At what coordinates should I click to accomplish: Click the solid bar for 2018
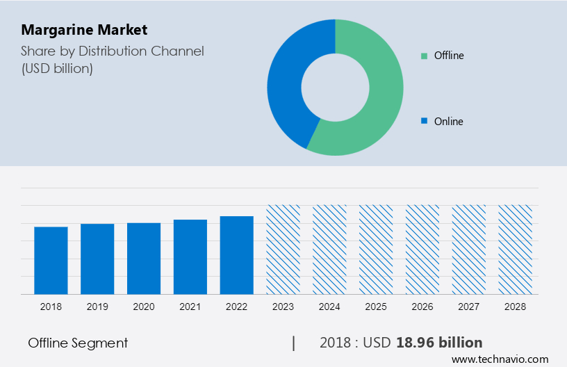[51, 260]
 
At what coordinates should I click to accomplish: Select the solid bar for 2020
[144, 258]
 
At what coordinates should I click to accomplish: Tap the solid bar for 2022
[237, 254]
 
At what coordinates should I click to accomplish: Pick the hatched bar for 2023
[283, 249]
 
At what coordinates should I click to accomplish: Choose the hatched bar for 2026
[422, 249]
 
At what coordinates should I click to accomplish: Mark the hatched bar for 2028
[516, 249]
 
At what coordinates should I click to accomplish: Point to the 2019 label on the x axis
[97, 306]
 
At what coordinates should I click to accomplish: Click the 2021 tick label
[190, 306]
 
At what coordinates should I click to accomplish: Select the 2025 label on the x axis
[376, 306]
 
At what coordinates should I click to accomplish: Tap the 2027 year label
[469, 306]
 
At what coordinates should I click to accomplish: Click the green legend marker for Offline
[424, 56]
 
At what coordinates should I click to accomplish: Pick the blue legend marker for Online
[424, 121]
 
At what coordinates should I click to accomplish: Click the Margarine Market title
[84, 30]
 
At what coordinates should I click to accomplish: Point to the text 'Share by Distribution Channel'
[112, 51]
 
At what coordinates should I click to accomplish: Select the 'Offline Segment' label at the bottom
[78, 343]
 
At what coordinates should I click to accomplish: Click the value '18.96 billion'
[439, 343]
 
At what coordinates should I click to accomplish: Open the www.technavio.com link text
[500, 359]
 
